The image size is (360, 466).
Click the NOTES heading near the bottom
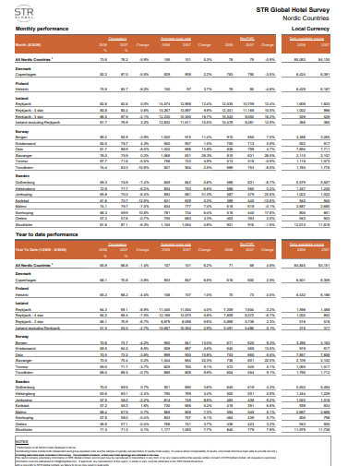pos(13,417)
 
